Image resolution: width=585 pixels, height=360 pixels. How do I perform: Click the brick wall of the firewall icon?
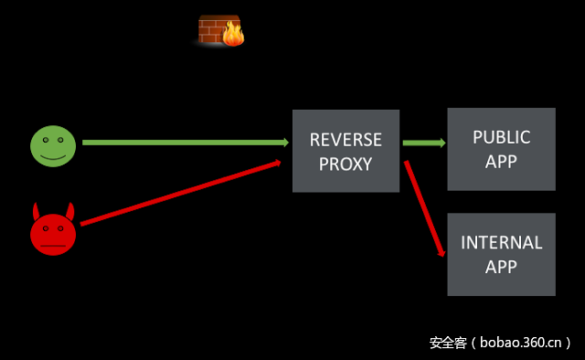tap(212, 29)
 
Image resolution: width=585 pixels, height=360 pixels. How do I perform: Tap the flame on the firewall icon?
tap(234, 35)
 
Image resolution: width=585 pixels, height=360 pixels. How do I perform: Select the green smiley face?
tap(53, 146)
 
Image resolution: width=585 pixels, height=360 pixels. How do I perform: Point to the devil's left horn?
tap(37, 209)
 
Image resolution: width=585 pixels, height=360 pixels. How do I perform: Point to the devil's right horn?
tap(70, 209)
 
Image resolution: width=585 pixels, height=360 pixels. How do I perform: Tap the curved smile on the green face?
tap(53, 157)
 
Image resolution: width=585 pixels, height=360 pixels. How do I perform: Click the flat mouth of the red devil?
tap(53, 246)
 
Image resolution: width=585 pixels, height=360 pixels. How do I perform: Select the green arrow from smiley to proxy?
tap(183, 143)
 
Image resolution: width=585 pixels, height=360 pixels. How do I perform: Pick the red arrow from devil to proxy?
tap(178, 193)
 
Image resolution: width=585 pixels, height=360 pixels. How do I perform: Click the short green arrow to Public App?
tap(423, 143)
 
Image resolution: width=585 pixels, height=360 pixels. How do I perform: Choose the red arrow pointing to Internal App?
tap(425, 209)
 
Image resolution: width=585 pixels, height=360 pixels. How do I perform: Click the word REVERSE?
tap(346, 140)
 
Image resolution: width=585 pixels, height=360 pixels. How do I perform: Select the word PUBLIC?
tap(501, 137)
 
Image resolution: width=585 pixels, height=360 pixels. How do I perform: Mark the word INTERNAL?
tap(501, 243)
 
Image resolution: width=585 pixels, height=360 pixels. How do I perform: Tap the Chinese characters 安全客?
tap(448, 344)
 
